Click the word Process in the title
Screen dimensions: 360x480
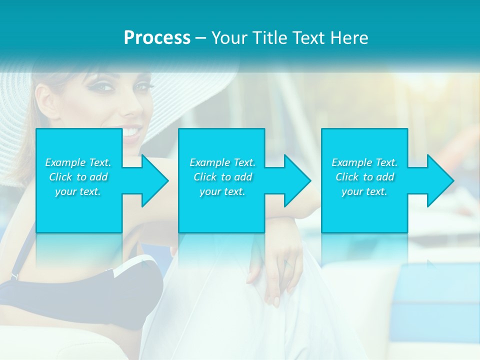pyautogui.click(x=157, y=37)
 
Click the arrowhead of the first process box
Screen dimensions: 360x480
pyautogui.click(x=154, y=180)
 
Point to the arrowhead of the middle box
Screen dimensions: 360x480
pyautogui.click(x=297, y=180)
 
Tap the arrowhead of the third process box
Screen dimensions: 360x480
pyautogui.click(x=440, y=180)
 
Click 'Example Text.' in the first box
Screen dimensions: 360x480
pyautogui.click(x=78, y=162)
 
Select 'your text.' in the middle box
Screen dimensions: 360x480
pyautogui.click(x=222, y=191)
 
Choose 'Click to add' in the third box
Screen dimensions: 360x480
pyautogui.click(x=364, y=177)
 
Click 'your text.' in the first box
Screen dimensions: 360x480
pyautogui.click(x=78, y=191)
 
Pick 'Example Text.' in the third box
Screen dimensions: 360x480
pyautogui.click(x=364, y=162)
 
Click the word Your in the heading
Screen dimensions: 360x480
pyautogui.click(x=229, y=37)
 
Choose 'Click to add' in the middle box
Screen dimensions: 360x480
pyautogui.click(x=222, y=177)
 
